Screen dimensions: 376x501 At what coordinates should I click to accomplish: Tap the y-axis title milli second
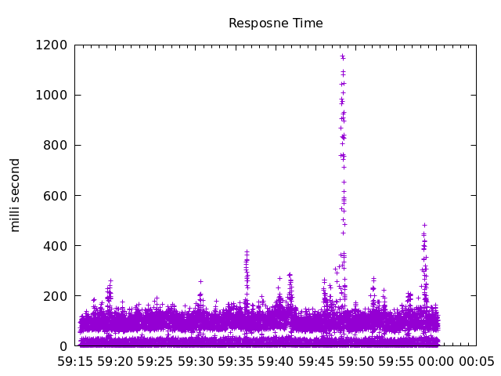(x=16, y=195)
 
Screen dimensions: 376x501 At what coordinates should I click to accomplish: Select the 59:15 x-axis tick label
(x=75, y=362)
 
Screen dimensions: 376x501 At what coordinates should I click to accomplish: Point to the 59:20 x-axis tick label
(x=115, y=362)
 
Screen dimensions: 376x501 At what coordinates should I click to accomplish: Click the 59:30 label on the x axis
(x=195, y=362)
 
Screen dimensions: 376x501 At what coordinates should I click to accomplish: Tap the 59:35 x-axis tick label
(x=236, y=362)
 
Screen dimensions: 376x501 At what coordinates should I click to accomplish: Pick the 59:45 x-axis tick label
(x=315, y=362)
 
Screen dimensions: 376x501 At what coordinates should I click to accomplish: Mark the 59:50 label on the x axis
(x=355, y=362)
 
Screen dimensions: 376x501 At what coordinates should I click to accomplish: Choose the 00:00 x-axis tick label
(x=436, y=362)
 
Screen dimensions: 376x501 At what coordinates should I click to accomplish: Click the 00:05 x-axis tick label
(x=476, y=362)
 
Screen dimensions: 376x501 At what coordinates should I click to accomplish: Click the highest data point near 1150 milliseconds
(x=341, y=56)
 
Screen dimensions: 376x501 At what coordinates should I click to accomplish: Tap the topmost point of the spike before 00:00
(x=424, y=225)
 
